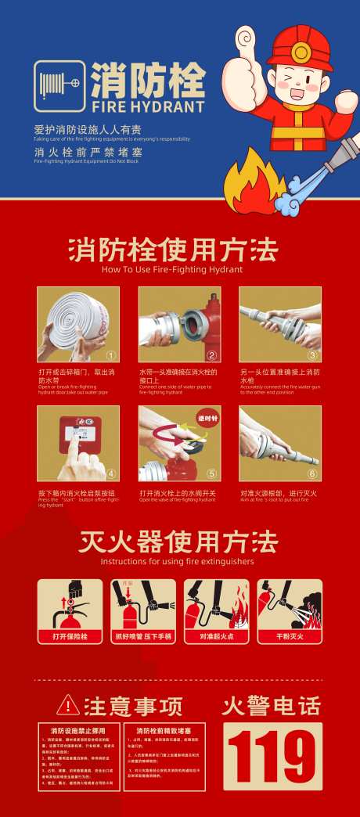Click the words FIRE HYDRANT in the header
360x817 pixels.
click(x=148, y=106)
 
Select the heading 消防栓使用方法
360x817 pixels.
click(x=172, y=250)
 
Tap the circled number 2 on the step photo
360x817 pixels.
click(x=211, y=355)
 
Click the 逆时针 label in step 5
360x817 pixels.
click(x=208, y=416)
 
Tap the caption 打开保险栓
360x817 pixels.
click(x=70, y=636)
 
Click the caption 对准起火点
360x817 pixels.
click(x=216, y=636)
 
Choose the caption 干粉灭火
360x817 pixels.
click(x=290, y=636)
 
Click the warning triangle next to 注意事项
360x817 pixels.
click(x=68, y=705)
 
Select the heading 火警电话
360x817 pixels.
click(x=271, y=706)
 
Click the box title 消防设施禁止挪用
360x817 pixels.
click(x=78, y=730)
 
